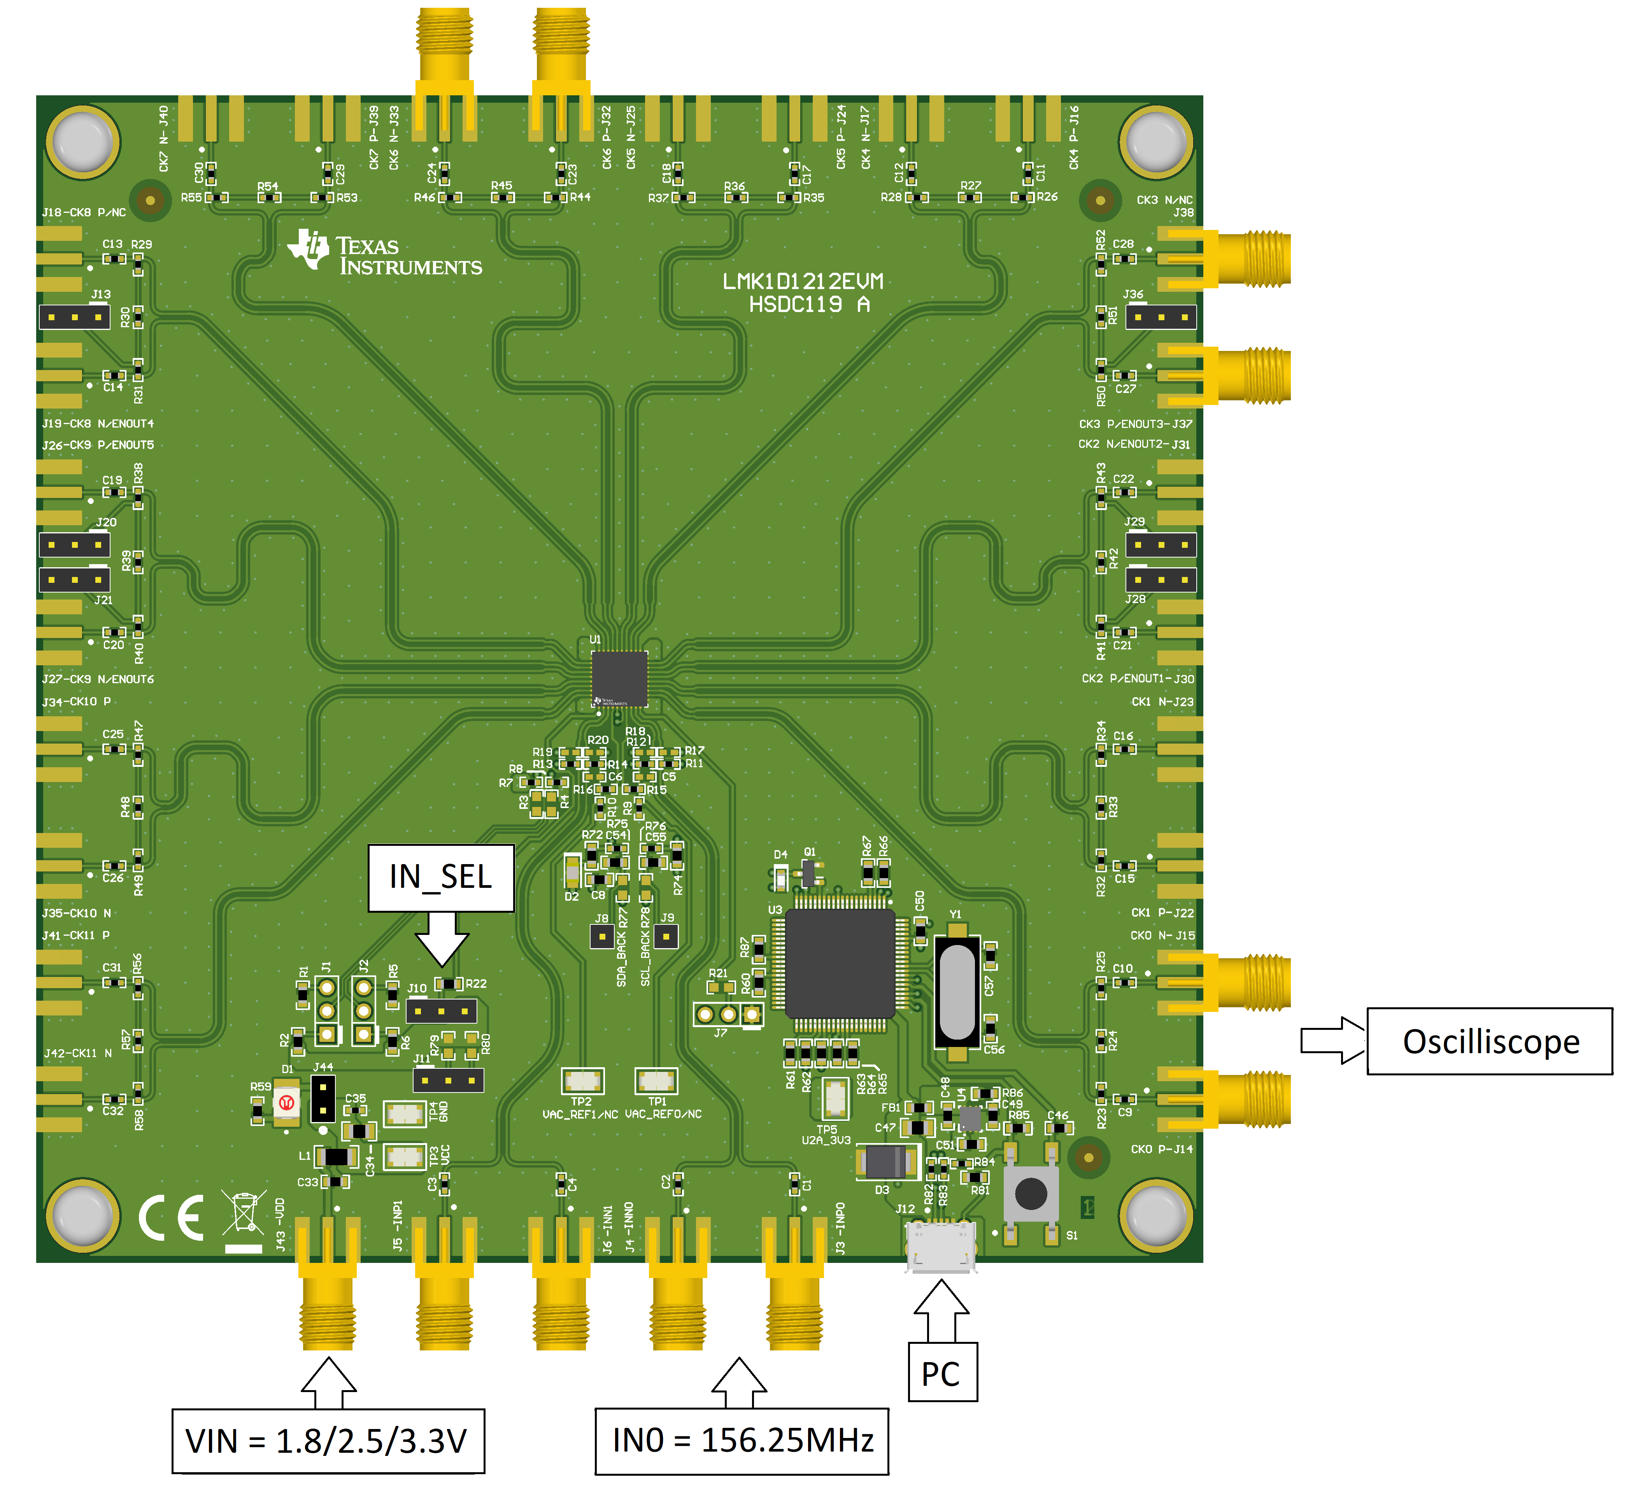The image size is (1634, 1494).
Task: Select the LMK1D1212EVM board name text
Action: coord(802,281)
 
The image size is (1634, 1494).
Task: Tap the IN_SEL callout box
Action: coord(441,877)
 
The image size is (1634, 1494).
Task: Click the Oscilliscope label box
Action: coord(1490,1042)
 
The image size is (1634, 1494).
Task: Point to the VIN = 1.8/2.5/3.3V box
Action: coord(328,1440)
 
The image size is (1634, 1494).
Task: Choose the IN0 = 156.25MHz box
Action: coord(742,1440)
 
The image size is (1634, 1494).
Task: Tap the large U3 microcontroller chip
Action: coord(840,963)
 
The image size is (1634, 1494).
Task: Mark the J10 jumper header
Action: coord(441,1011)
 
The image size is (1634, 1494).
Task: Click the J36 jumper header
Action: coord(1161,317)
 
